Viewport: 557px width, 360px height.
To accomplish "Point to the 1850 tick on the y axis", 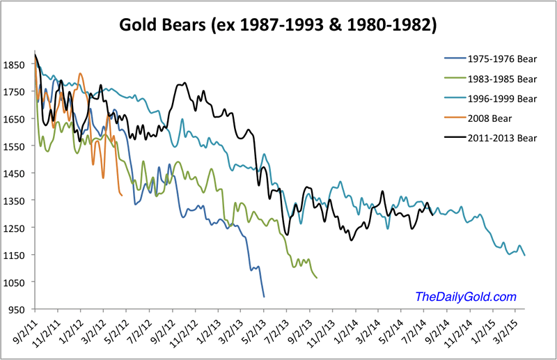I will pos(15,65).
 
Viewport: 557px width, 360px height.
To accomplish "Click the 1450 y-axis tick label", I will pos(15,173).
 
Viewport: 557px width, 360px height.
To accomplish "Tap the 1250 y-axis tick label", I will pos(15,228).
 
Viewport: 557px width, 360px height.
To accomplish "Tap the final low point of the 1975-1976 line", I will pos(264,297).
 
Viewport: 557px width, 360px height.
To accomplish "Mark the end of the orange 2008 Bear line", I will pos(123,195).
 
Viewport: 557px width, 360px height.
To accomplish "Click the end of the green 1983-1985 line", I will pos(317,278).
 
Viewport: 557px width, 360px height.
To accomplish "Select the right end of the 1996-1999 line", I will pos(524,256).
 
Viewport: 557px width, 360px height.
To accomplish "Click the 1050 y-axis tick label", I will pos(15,282).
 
